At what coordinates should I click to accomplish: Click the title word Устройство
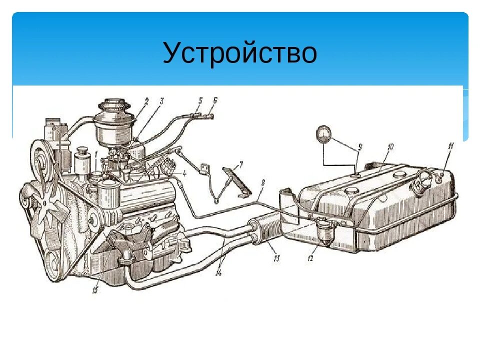click(239, 53)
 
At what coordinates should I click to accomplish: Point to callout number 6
click(214, 100)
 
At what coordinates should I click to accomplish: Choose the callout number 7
click(240, 164)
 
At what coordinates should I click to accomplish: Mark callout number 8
click(262, 183)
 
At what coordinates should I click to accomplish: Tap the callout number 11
click(450, 146)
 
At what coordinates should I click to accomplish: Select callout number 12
click(310, 258)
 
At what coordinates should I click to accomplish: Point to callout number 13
click(276, 258)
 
